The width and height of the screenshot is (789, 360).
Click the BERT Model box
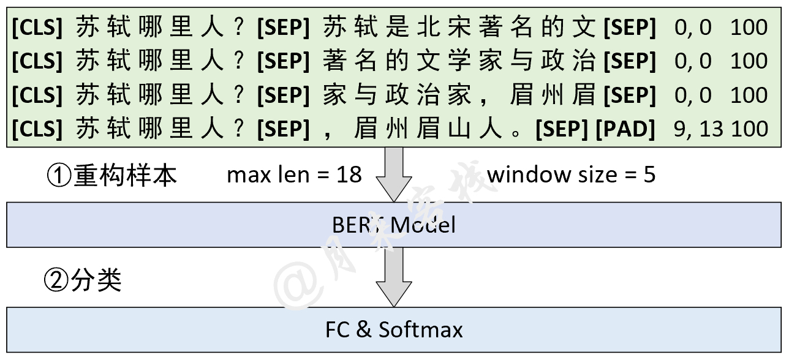tap(394, 225)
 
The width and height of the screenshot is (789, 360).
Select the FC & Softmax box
tap(394, 330)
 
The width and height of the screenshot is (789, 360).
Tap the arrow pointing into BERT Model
tap(393, 174)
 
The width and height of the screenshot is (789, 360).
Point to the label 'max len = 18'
tap(294, 175)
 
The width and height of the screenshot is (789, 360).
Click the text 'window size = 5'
tap(571, 175)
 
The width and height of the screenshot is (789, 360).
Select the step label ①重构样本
tap(111, 176)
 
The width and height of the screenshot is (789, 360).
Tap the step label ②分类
tap(83, 280)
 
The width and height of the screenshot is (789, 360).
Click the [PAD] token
tap(625, 129)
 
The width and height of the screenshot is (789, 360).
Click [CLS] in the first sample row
tap(37, 28)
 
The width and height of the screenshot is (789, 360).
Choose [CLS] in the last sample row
tap(37, 129)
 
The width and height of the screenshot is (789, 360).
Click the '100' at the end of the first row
tap(749, 28)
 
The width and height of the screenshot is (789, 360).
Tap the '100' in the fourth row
tap(749, 129)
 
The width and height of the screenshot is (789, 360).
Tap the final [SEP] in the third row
tap(629, 96)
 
